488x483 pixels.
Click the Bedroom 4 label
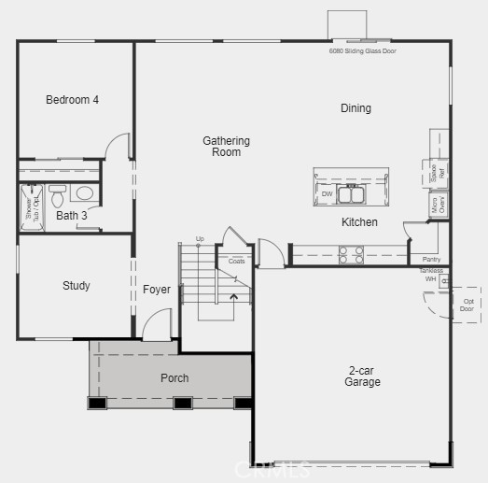coord(72,100)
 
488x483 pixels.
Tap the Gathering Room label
coord(227,147)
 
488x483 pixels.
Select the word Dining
coord(356,108)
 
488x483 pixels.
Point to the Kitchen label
coord(359,222)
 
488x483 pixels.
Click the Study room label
coord(77,286)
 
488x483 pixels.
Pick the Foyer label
coord(157,290)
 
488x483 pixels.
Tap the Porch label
coord(174,378)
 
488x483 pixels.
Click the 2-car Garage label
coord(362,376)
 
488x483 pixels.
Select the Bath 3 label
coord(71,216)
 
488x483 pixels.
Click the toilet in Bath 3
coord(58,197)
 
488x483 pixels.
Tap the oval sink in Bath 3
coord(84,194)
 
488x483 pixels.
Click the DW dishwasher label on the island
coord(327,194)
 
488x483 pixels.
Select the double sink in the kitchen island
coord(351,194)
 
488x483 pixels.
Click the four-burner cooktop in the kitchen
coord(350,250)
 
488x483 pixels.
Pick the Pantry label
coord(431,259)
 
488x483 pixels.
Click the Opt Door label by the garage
coord(467,305)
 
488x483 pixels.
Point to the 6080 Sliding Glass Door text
coord(363,50)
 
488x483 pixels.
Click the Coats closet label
coord(237,261)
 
